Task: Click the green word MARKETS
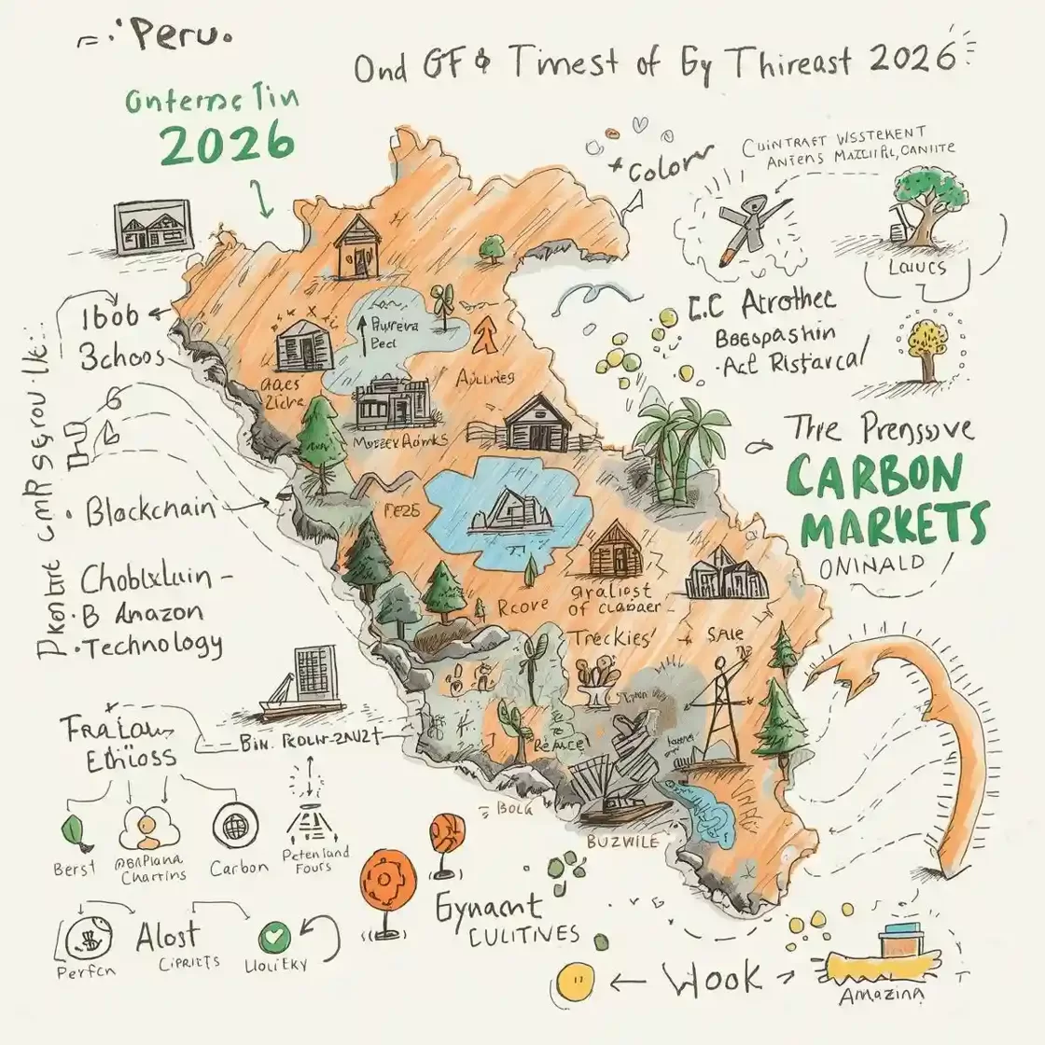coord(894,526)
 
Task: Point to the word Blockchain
coord(150,510)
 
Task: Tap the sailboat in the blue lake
coord(509,510)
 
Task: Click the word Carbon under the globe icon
coord(239,867)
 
